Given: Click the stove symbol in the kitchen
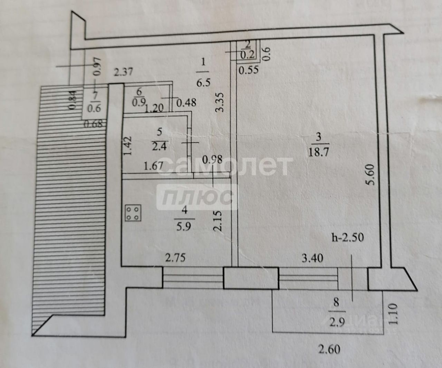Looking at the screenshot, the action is click(133, 212).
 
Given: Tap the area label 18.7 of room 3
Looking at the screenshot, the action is click(318, 152).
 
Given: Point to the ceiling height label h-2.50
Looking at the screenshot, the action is click(347, 238).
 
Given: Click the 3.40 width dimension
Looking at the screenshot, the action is click(313, 257).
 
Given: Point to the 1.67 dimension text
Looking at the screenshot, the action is click(153, 166).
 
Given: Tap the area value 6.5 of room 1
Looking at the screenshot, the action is click(203, 83).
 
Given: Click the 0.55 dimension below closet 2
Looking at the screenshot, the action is click(249, 70).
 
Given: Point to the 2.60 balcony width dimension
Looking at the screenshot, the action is click(329, 349).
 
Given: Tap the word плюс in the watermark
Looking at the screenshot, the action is click(197, 198).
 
